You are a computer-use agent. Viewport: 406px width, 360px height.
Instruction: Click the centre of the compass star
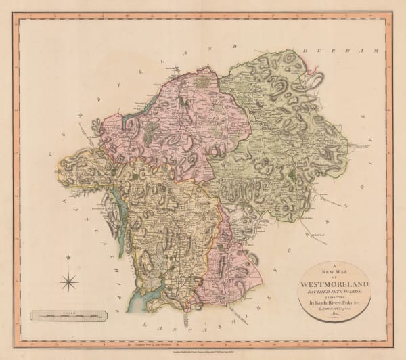pyautogui.click(x=70, y=279)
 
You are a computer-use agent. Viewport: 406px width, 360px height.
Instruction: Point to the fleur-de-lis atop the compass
pyautogui.click(x=70, y=259)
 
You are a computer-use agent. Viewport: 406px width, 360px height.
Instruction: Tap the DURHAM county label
pyautogui.click(x=322, y=51)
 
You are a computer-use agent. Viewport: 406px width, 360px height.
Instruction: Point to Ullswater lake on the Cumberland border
pyautogui.click(x=133, y=120)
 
